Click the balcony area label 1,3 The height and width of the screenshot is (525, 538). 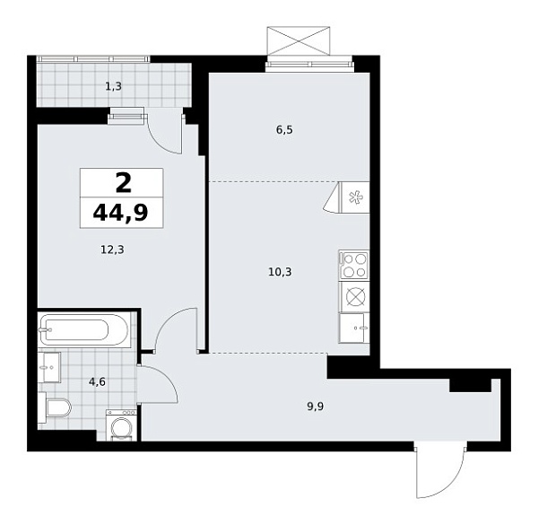click(113, 87)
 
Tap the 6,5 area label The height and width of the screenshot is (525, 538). click(284, 129)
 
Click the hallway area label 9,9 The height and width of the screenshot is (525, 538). click(316, 405)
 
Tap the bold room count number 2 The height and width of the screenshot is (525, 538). click(122, 183)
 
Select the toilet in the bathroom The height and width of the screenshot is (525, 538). click(56, 409)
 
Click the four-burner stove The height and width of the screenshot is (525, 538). click(353, 265)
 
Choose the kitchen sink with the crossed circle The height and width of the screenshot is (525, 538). click(354, 297)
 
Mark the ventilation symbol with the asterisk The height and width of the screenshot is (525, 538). click(353, 197)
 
